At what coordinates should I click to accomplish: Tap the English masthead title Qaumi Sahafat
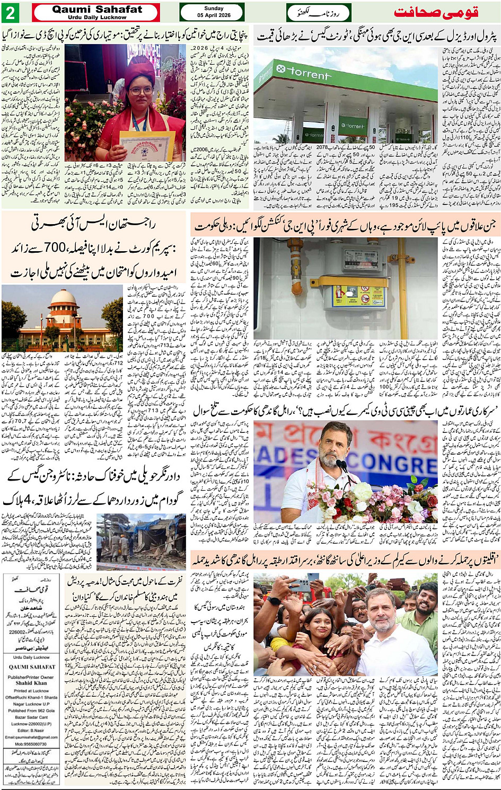[96, 9]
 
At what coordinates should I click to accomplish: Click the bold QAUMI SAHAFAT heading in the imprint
[31, 667]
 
